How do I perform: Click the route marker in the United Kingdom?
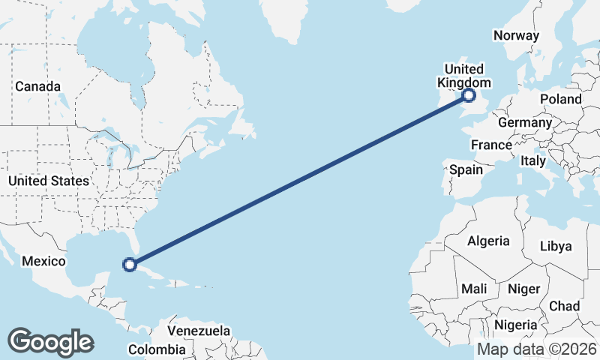click(469, 95)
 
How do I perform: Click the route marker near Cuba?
click(130, 264)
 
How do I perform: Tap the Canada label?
click(37, 87)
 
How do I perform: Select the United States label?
click(49, 181)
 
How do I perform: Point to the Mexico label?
click(44, 261)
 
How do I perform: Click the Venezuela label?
click(199, 331)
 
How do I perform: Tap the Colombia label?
click(156, 349)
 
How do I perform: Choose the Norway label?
click(516, 35)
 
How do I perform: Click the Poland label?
click(560, 99)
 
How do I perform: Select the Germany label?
click(525, 122)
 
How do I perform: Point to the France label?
click(491, 145)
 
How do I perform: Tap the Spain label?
click(466, 169)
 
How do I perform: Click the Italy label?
click(533, 160)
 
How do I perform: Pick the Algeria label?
click(488, 241)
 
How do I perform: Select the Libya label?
click(556, 246)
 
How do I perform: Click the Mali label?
click(474, 289)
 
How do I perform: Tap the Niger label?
click(523, 289)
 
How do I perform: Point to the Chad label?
click(564, 306)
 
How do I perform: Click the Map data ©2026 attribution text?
click(536, 349)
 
